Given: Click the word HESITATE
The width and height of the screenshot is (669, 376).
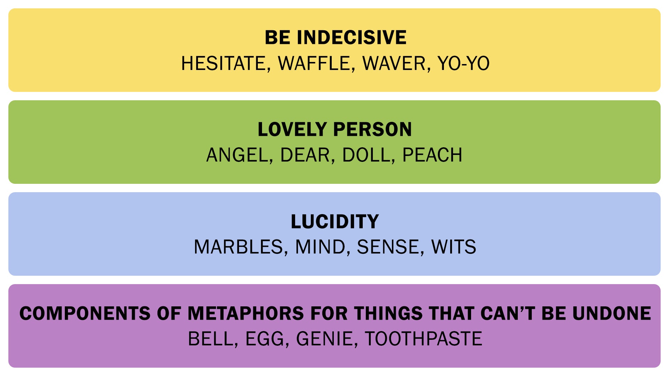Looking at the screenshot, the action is pyautogui.click(x=224, y=63).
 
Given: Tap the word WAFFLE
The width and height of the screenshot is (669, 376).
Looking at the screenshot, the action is pyautogui.click(x=314, y=63).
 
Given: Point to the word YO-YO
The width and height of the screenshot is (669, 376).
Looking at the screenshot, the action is pyautogui.click(x=463, y=63).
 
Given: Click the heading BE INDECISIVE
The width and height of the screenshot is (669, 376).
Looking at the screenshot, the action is pyautogui.click(x=336, y=38).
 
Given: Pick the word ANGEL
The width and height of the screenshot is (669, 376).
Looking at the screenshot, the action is pyautogui.click(x=237, y=155).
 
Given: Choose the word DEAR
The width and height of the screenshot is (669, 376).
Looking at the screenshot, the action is pyautogui.click(x=305, y=155).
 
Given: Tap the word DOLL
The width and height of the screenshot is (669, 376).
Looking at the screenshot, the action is pyautogui.click(x=366, y=155).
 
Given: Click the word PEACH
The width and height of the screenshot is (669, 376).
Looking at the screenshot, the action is pyautogui.click(x=432, y=155).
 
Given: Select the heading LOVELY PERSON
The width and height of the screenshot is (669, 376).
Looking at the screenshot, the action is pyautogui.click(x=334, y=130).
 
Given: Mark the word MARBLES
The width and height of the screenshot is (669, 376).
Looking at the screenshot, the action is pyautogui.click(x=238, y=247).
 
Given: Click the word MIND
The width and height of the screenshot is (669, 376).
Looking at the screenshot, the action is pyautogui.click(x=320, y=247).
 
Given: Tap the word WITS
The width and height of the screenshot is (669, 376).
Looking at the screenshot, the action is pyautogui.click(x=453, y=247).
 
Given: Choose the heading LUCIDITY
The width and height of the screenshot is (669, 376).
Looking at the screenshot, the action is pyautogui.click(x=334, y=221).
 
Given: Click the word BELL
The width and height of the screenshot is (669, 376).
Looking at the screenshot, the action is pyautogui.click(x=211, y=339).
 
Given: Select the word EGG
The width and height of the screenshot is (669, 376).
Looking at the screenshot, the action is pyautogui.click(x=265, y=339).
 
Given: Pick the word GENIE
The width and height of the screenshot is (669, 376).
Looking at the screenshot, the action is pyautogui.click(x=325, y=339).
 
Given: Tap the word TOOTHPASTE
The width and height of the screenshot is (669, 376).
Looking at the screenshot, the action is pyautogui.click(x=423, y=339).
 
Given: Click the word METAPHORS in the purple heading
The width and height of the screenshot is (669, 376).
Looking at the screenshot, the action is pyautogui.click(x=246, y=313).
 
